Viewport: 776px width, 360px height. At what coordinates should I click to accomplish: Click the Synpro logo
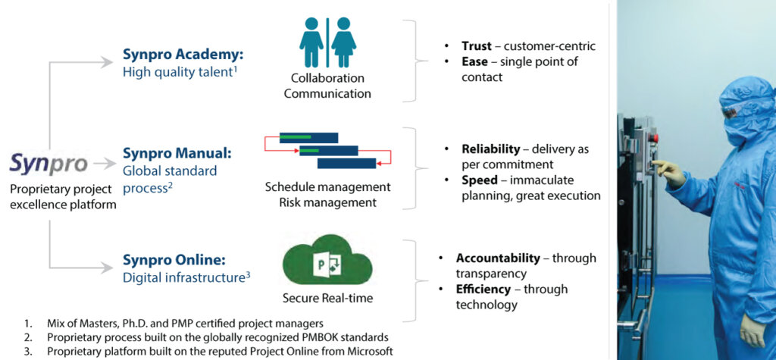(x=48, y=163)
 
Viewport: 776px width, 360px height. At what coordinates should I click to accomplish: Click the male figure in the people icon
(x=311, y=42)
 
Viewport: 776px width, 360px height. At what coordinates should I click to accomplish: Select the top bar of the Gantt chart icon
(x=308, y=137)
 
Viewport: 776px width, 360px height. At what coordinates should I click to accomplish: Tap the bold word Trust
(x=477, y=46)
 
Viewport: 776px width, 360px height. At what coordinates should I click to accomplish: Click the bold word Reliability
(x=491, y=149)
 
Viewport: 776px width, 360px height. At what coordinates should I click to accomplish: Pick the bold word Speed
(x=480, y=180)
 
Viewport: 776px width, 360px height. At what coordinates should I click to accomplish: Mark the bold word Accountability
(x=498, y=258)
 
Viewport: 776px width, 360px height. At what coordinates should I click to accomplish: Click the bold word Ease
(x=475, y=61)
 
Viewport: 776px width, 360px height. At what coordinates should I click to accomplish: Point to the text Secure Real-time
(x=327, y=298)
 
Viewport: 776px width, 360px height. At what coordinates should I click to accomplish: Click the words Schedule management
(x=328, y=186)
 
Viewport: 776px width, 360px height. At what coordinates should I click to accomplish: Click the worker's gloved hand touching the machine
(x=667, y=171)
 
